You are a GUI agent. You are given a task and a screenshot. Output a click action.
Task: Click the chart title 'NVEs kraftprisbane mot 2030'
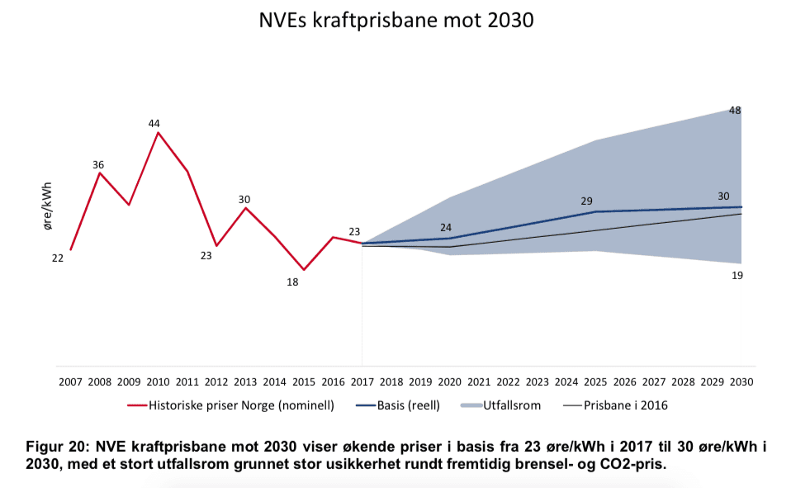pos(395,21)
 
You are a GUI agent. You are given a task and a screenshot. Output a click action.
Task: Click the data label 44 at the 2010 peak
pos(154,123)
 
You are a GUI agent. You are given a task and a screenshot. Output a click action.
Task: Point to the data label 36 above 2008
pos(98,164)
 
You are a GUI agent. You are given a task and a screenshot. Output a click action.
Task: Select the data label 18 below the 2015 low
pos(292,282)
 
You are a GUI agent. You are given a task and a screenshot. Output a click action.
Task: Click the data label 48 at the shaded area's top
pos(735,110)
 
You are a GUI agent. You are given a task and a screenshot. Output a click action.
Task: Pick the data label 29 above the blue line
pos(587,201)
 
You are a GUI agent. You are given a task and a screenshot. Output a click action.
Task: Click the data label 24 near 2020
pos(447,227)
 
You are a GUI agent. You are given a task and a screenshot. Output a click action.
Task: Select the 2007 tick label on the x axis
pos(70,382)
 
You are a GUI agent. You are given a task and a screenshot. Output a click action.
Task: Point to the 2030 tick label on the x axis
pos(741,382)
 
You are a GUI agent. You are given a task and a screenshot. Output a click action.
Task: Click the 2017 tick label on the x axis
pos(362,382)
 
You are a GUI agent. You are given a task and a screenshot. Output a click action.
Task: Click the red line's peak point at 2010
pos(158,132)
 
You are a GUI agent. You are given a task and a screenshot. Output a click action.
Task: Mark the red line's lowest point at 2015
pos(304,269)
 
